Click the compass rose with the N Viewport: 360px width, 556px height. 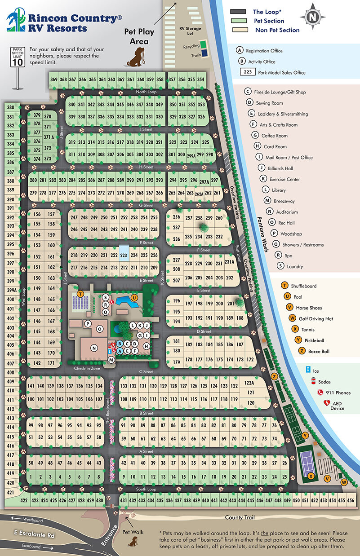coord(311,17)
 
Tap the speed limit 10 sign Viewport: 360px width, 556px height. coord(17,58)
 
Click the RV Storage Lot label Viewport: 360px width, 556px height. coord(189,30)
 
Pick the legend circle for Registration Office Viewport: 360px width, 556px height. coord(240,50)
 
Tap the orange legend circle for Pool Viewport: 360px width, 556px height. coord(284,297)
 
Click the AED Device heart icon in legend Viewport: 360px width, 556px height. coord(326,404)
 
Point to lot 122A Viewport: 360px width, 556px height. coord(249,383)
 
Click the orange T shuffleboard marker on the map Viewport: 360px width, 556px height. coord(80,294)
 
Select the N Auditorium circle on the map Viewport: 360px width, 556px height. coord(94,348)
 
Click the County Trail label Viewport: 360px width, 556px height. coord(241,517)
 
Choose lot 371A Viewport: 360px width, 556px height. coord(49,137)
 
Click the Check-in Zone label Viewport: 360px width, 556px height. coord(87,368)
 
